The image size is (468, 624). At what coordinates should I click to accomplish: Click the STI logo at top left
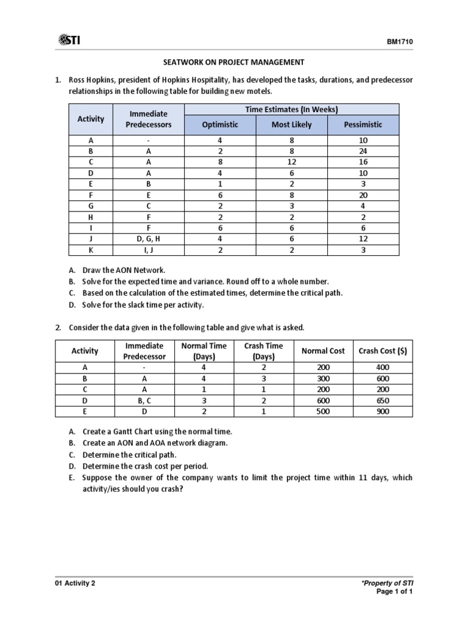click(x=69, y=40)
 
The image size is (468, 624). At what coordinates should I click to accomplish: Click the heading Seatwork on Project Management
click(x=234, y=62)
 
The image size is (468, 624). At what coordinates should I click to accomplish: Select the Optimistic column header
click(x=220, y=124)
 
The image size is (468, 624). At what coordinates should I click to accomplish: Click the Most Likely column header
click(x=291, y=124)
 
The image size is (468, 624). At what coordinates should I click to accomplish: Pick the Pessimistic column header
click(x=363, y=124)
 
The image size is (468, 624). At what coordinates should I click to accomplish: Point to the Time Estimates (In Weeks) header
click(x=291, y=110)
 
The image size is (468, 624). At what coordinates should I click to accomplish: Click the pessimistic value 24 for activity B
click(x=363, y=151)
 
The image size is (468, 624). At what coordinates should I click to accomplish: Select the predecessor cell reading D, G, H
click(x=149, y=239)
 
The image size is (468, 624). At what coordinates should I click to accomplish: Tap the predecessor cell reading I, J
click(x=149, y=250)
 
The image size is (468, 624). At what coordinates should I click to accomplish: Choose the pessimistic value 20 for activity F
click(x=363, y=196)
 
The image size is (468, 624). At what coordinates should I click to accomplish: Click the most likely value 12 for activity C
click(x=291, y=162)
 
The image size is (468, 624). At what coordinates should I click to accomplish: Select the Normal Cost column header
click(x=323, y=351)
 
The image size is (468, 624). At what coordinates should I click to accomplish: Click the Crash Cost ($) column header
click(x=383, y=351)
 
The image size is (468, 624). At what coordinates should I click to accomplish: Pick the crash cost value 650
click(x=383, y=400)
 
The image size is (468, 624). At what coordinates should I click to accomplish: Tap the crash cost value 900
click(x=383, y=411)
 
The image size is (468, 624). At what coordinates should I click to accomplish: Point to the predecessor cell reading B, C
click(x=144, y=400)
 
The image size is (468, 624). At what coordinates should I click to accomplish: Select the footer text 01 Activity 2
click(x=75, y=583)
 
